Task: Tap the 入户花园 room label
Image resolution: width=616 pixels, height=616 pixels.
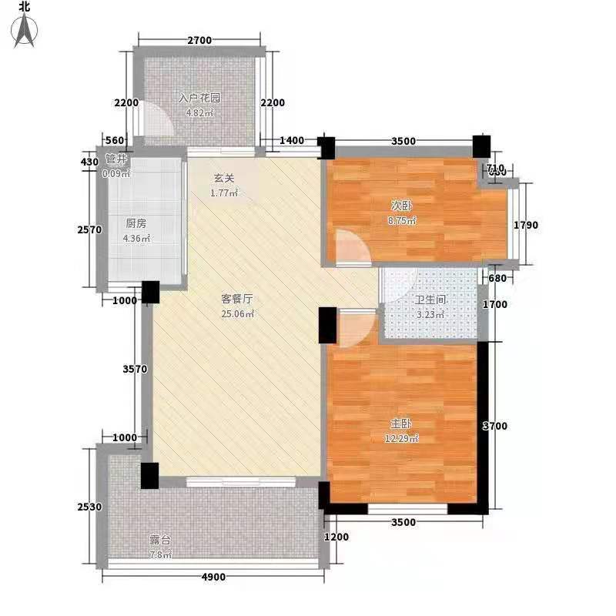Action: coord(199,99)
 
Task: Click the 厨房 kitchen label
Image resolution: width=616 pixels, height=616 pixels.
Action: coord(136,224)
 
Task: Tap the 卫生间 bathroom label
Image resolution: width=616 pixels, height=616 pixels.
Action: coord(429,301)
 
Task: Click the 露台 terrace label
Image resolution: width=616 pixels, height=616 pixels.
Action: coord(160,540)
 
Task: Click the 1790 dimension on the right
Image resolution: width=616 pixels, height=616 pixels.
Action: coord(532,226)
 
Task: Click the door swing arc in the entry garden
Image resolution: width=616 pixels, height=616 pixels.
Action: coord(156,121)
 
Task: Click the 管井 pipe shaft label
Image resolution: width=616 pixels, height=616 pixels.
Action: coord(117,161)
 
